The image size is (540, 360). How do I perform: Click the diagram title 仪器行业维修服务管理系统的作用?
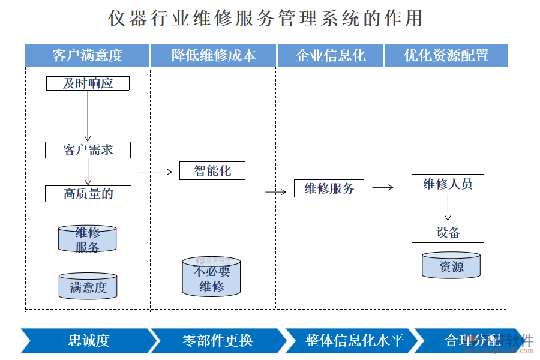point(265,18)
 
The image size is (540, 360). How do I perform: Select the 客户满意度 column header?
point(87,56)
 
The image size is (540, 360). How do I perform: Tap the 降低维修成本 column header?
point(213,56)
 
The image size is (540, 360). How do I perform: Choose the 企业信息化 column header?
point(330,56)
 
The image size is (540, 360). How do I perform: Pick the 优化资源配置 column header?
point(446,56)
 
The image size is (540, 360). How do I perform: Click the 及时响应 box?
point(88,83)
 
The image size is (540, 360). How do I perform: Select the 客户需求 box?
point(88,150)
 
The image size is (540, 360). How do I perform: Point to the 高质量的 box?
point(88,194)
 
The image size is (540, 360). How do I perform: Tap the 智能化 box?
point(212,171)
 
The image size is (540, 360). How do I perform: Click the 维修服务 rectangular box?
point(329,189)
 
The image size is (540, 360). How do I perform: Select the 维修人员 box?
point(448,184)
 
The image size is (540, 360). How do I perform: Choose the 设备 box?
point(448,233)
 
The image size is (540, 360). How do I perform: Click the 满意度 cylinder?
point(88,287)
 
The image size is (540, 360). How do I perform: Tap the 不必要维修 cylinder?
point(211,277)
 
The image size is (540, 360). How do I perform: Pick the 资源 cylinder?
point(451,266)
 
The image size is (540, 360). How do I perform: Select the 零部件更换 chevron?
point(217,341)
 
